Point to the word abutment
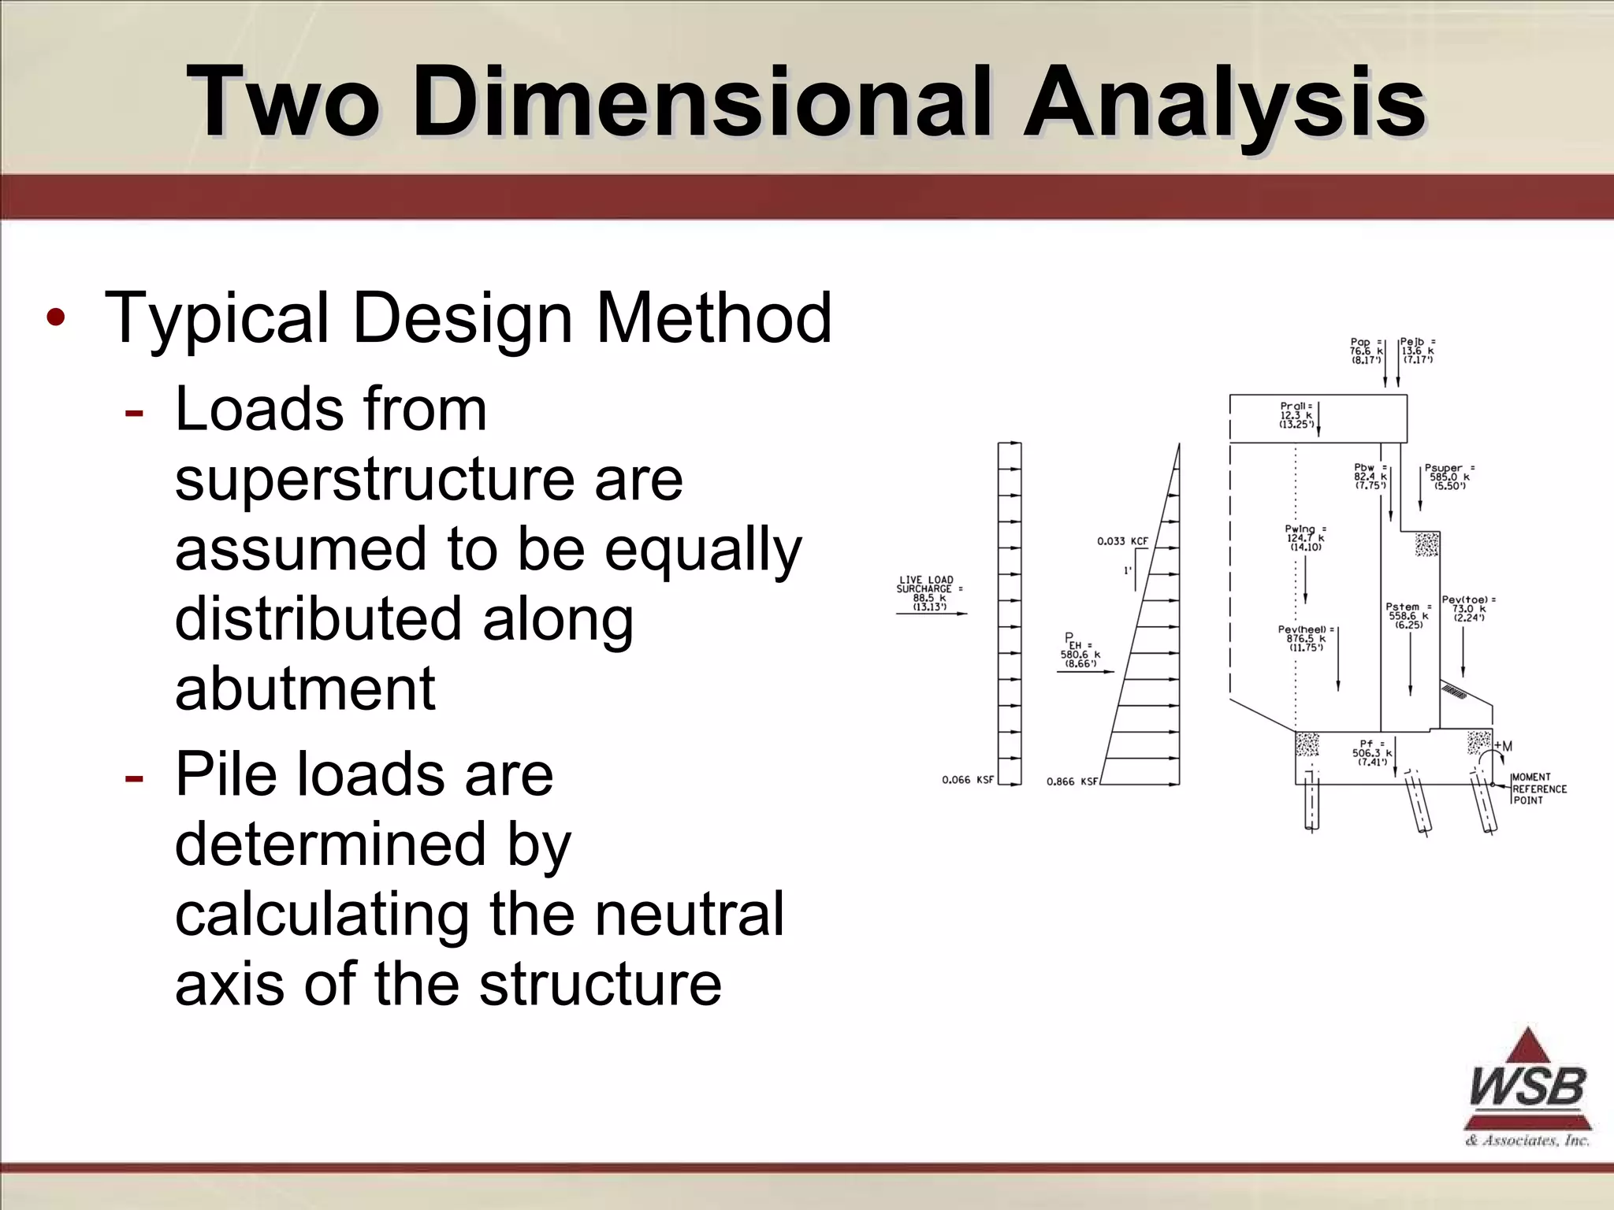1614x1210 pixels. click(305, 689)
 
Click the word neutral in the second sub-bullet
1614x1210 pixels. click(689, 914)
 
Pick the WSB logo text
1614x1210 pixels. click(1527, 1088)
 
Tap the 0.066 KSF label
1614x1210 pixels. click(968, 780)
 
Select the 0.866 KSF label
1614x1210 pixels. click(1072, 781)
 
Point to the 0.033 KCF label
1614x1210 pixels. click(1122, 541)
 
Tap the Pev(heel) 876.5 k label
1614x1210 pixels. click(1306, 638)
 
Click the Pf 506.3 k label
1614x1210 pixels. click(1371, 753)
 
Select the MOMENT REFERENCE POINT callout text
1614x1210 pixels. click(1538, 789)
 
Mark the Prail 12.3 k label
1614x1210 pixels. click(1296, 415)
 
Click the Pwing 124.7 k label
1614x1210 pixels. click(1306, 538)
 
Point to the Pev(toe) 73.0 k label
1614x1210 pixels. click(1468, 608)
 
